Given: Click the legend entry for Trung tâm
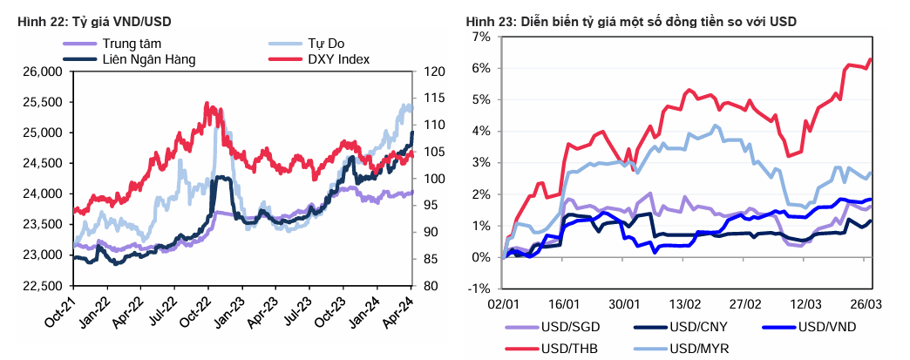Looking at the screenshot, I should point(131,44).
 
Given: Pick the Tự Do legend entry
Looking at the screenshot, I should point(328,44).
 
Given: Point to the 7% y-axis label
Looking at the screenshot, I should point(482,37).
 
